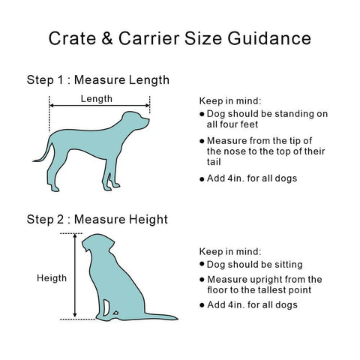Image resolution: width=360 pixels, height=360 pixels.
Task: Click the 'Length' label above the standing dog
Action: (x=97, y=98)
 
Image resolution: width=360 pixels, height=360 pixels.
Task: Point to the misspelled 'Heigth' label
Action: (x=52, y=278)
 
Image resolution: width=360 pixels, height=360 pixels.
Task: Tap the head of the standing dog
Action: (x=136, y=119)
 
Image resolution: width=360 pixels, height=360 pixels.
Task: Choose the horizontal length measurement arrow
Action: (x=100, y=107)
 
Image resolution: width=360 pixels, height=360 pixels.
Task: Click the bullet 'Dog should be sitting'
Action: (x=254, y=264)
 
